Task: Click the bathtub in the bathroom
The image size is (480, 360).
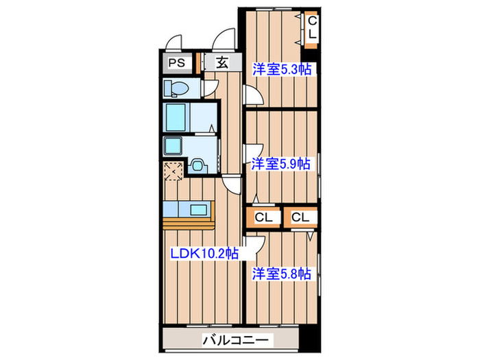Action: coord(176,117)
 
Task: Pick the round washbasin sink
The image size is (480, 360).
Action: coord(198,165)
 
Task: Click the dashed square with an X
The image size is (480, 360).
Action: coord(172,169)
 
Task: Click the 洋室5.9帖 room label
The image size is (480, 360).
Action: coord(280,164)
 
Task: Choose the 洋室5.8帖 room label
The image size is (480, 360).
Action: coord(281,274)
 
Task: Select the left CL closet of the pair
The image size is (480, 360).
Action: coord(265,217)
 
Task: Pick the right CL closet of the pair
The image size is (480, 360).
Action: coord(300,217)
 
